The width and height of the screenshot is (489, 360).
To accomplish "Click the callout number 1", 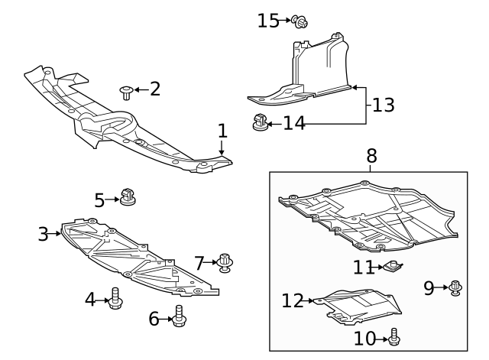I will click(x=222, y=131).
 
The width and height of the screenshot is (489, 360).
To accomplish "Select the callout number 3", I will click(x=44, y=234).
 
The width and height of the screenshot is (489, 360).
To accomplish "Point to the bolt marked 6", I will click(x=180, y=316).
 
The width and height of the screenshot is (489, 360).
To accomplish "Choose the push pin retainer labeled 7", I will click(x=225, y=262).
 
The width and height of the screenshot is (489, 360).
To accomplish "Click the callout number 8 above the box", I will click(x=371, y=156).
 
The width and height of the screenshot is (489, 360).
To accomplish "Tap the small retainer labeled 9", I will click(x=455, y=287).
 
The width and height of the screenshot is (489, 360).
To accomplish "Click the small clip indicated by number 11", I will click(x=393, y=267).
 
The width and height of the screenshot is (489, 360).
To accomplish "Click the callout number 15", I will click(x=268, y=21).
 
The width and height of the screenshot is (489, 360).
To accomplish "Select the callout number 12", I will click(x=293, y=301).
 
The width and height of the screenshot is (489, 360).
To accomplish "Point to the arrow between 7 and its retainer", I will click(x=212, y=263).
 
